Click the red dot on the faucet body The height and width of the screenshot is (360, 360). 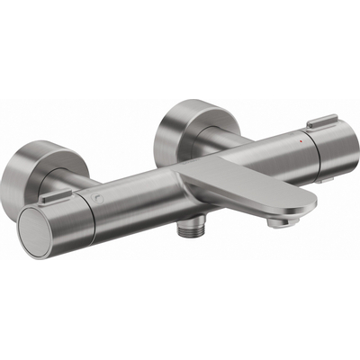299,142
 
